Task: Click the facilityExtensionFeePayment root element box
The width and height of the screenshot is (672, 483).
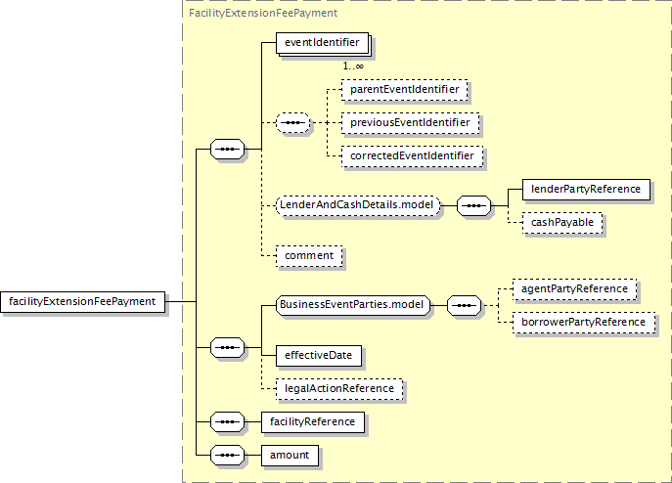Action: (83, 302)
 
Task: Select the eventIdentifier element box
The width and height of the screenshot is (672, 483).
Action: (322, 43)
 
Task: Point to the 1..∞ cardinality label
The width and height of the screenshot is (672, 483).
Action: (353, 66)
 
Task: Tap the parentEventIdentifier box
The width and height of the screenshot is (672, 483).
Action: (405, 90)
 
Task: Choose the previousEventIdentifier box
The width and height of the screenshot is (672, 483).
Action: (410, 123)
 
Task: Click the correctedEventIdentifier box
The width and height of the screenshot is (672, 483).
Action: (412, 156)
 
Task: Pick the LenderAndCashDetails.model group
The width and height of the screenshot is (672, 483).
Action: (358, 205)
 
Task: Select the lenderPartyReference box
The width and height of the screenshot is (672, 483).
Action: (586, 190)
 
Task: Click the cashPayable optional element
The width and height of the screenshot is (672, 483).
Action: (562, 223)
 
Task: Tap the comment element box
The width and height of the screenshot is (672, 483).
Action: (309, 256)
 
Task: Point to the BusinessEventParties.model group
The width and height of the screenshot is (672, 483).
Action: (353, 306)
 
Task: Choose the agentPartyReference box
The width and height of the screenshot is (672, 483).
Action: (574, 289)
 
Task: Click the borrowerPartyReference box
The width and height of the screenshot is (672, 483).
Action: (584, 323)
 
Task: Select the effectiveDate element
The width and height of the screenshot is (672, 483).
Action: (319, 356)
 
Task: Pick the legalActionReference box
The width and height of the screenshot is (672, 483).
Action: (339, 389)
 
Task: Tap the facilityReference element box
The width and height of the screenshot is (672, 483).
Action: (313, 422)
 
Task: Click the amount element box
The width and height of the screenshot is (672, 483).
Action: (290, 456)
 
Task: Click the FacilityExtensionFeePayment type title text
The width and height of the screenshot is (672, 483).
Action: (263, 14)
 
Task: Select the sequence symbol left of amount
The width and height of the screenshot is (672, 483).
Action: (227, 456)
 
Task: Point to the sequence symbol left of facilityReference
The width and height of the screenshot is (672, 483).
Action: (227, 422)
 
